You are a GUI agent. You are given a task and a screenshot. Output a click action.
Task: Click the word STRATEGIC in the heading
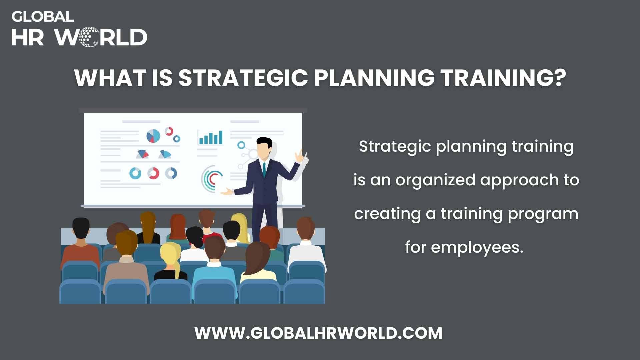pos(243,78)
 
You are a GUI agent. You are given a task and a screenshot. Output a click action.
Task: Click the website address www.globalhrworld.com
pos(318,333)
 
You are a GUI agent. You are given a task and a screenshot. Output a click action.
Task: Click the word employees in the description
pos(477,247)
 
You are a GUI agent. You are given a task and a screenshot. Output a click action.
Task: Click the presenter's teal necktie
pos(264,169)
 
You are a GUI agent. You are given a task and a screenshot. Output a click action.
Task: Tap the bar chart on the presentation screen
pos(210,137)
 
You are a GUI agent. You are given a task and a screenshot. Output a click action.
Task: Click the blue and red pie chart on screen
pos(153,136)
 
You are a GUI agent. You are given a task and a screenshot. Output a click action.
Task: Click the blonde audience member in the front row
pos(170,257)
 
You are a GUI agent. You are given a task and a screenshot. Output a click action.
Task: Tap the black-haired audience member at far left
pos(81,233)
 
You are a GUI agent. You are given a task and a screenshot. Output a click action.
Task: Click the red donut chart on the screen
pos(153,173)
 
